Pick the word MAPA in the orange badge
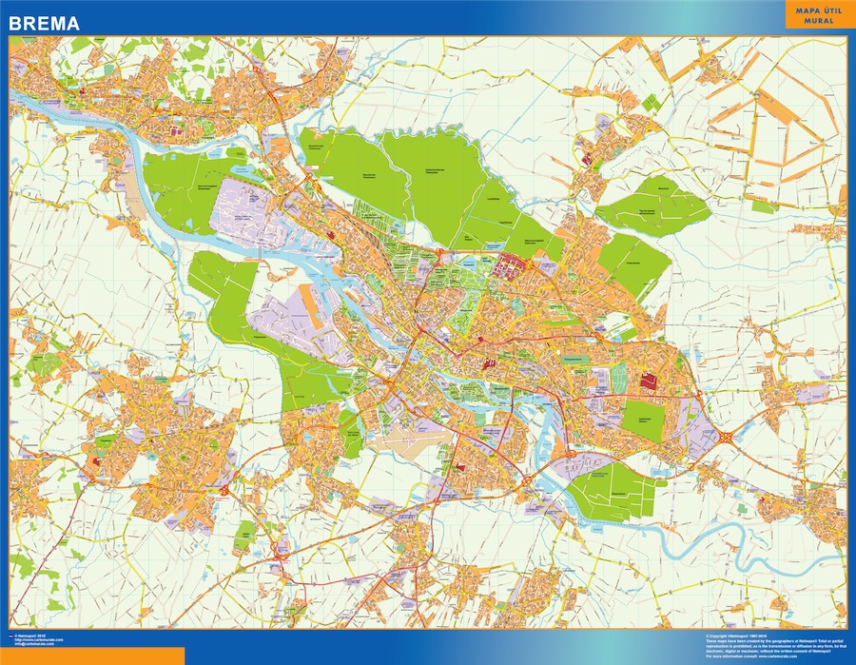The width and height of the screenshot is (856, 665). point(804,10)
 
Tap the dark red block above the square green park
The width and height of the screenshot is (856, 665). point(651,381)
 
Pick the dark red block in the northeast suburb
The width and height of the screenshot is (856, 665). point(587,159)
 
